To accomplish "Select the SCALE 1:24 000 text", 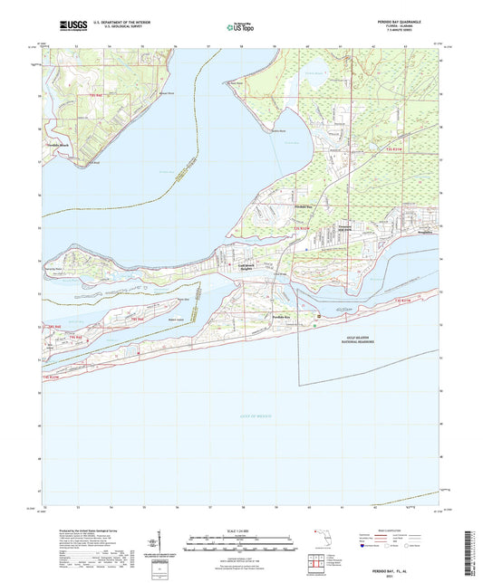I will pos(240,530).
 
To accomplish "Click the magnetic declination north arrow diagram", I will pos(155,541).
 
